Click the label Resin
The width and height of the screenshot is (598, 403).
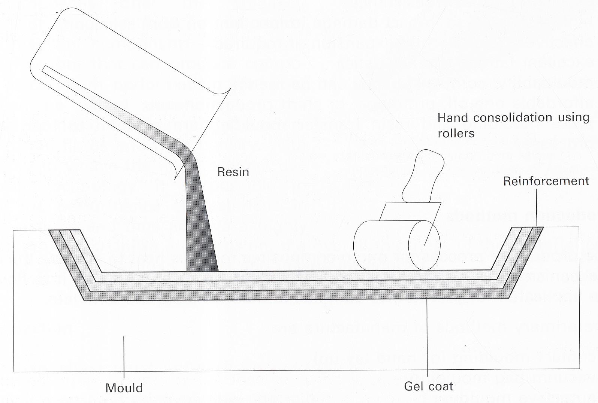point(233,172)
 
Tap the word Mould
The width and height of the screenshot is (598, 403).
point(124,388)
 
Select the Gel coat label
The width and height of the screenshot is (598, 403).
point(428,386)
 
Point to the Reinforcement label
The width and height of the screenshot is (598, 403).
point(546,181)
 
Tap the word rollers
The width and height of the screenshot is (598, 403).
point(456,133)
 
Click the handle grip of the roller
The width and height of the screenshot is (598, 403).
point(423,174)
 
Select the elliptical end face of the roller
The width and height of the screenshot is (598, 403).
point(424,245)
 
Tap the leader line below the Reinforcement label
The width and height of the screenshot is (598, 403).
point(537,208)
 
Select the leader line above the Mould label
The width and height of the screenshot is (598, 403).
point(124,355)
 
